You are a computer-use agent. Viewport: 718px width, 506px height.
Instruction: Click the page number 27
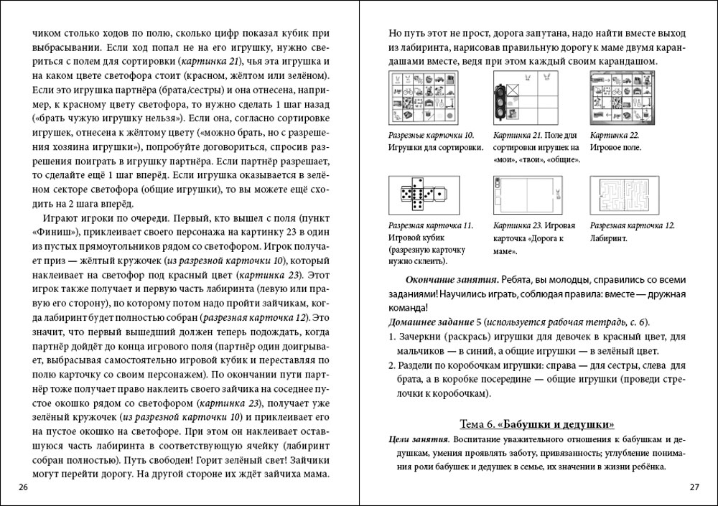tap(694, 488)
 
